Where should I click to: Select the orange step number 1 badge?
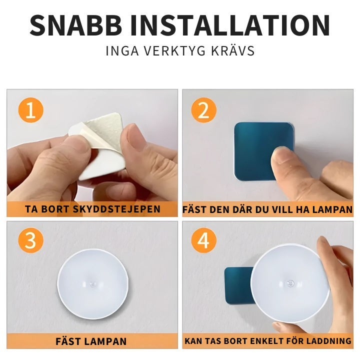[30, 110]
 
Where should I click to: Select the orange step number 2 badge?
[203, 110]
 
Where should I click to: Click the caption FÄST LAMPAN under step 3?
[91, 342]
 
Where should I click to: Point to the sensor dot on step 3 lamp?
[93, 283]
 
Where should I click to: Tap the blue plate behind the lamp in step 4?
[236, 285]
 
